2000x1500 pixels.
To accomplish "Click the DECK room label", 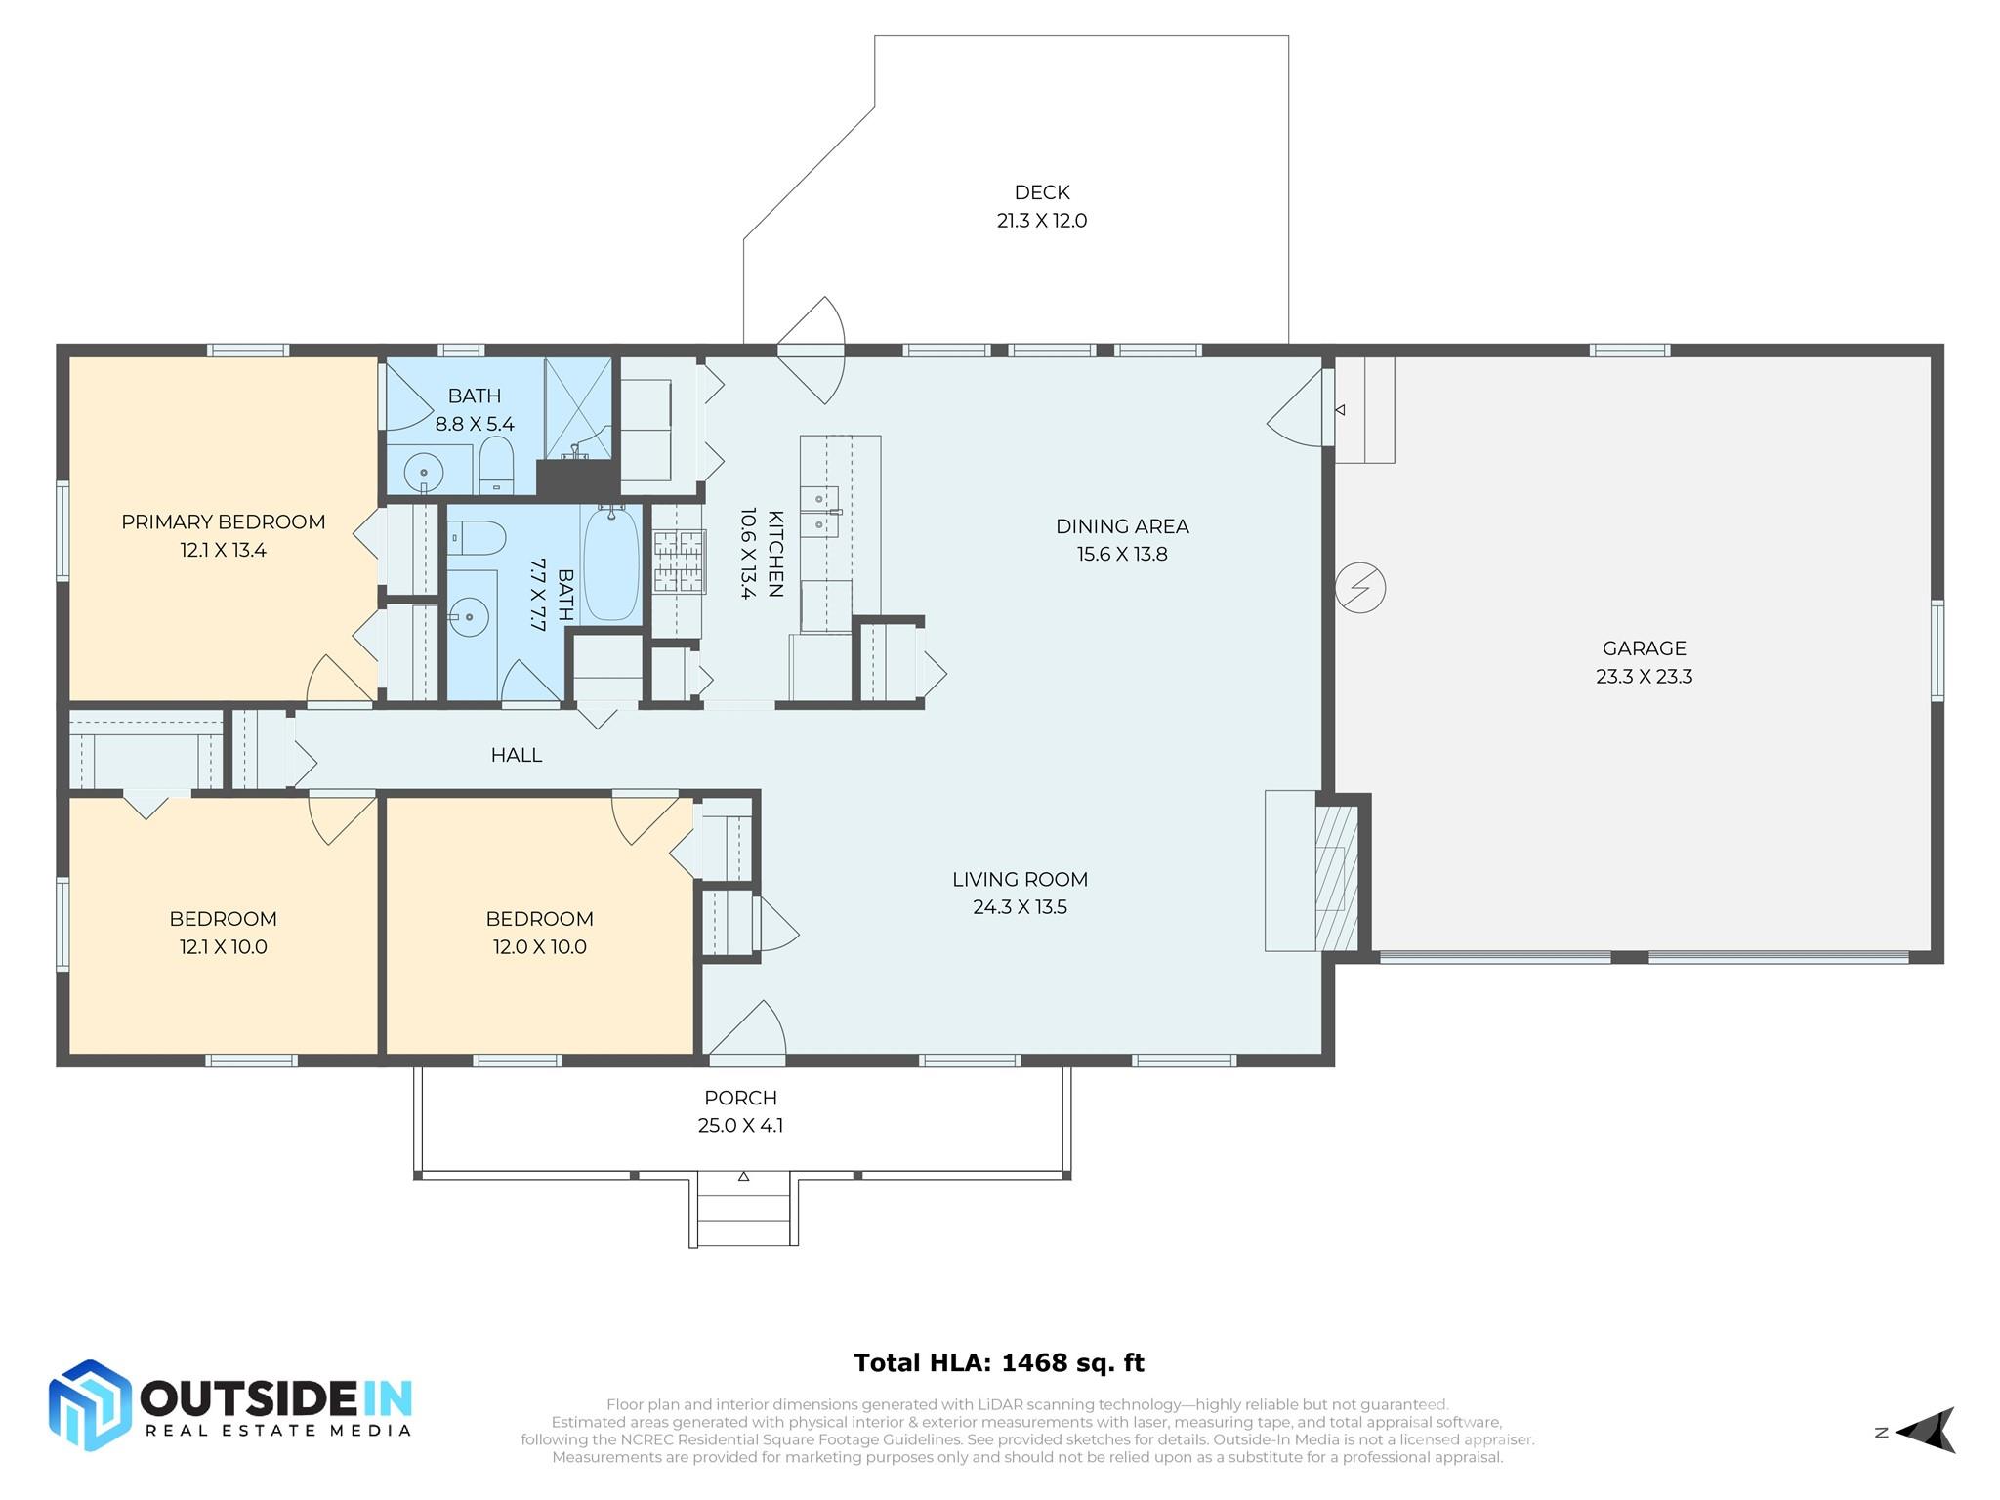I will coord(1042,192).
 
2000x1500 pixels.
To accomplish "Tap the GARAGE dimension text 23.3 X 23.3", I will coord(1644,676).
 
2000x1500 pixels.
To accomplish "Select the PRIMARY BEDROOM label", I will coord(223,521).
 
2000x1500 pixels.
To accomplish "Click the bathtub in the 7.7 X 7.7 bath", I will coord(610,563).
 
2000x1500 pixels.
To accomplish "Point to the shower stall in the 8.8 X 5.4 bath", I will coord(578,408).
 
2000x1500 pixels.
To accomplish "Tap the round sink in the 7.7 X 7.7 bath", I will coord(470,617).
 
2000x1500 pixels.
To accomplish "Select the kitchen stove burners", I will coord(679,561).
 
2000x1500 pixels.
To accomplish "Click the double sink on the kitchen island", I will coord(820,512).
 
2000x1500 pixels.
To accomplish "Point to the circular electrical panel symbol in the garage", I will coord(1360,588).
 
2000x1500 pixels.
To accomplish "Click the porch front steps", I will coord(744,1211).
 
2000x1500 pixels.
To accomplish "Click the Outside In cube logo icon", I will coord(90,1405).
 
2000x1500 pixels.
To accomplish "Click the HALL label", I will coord(516,755).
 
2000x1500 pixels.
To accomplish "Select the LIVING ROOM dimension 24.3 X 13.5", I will coord(1020,907).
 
